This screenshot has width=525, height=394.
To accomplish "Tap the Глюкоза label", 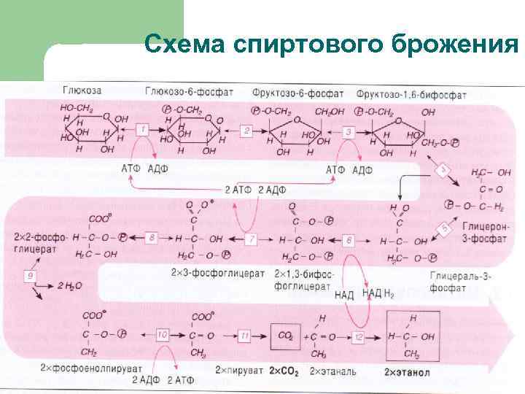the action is (82, 91).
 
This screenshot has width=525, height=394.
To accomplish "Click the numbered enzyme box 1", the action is (143, 129).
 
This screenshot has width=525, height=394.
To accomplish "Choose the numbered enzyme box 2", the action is (246, 131).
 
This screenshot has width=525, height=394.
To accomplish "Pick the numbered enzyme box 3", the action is (349, 132).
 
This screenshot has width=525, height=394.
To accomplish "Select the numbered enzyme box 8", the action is (152, 238).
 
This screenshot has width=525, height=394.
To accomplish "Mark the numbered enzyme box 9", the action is (31, 276).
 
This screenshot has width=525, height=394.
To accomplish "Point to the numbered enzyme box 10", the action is (161, 334).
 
